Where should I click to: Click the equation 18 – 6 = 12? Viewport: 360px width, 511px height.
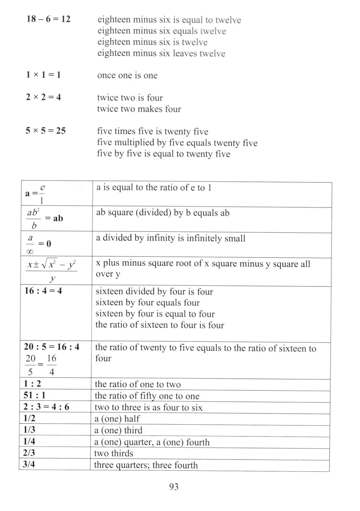pos(48,19)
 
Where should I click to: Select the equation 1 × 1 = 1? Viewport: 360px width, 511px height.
pos(43,75)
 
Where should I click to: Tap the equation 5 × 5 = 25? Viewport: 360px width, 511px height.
pos(46,131)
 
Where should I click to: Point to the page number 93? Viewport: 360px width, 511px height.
pos(174,487)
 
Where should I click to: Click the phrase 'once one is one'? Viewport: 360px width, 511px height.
pos(127,76)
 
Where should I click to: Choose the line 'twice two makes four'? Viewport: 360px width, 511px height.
pos(139,109)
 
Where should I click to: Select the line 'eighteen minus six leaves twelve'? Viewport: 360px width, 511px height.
pos(161,54)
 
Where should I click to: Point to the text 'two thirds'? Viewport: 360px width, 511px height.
pos(114,453)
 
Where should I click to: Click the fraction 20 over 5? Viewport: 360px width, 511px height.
pos(31,365)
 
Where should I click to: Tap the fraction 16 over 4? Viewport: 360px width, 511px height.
pos(51,365)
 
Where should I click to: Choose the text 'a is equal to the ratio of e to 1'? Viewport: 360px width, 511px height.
pos(154,187)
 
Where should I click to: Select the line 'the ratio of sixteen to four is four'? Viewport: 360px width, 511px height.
pos(159,325)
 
